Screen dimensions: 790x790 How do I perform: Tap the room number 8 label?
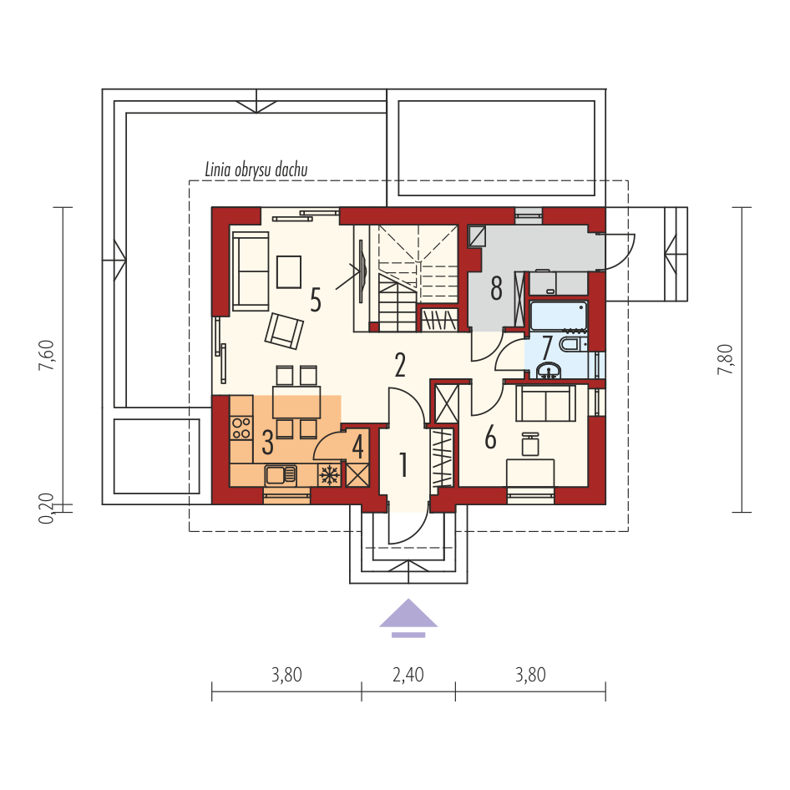point(496,289)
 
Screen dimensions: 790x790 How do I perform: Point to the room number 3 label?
point(267,442)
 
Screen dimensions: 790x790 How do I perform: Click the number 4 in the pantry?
point(357,447)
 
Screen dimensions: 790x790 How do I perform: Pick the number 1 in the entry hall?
point(403,464)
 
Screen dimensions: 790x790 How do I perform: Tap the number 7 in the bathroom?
point(547,347)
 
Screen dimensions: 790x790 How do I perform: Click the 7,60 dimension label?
point(47,356)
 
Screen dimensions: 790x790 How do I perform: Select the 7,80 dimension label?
point(725,359)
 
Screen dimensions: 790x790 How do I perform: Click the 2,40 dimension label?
point(408,675)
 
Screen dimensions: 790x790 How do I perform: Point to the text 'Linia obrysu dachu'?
point(256,170)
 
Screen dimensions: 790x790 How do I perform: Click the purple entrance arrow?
point(408,618)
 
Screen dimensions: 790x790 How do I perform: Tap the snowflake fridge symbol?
point(330,475)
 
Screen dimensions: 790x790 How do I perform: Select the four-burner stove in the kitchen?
point(241,428)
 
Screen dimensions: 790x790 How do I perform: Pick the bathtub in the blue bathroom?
point(559,316)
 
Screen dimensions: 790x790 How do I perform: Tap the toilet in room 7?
point(574,345)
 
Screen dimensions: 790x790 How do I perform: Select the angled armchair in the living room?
point(284,331)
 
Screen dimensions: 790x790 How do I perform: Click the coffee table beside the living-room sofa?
point(289,272)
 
